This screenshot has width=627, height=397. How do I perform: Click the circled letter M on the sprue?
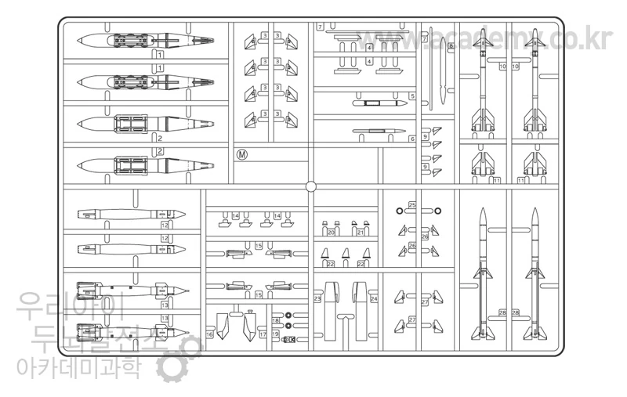[x=242, y=154]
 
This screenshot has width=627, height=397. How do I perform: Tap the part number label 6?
[x=412, y=139]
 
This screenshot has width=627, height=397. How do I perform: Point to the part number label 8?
[x=451, y=47]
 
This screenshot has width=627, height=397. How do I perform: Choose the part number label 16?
[x=209, y=334]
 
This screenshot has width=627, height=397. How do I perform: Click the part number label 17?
[x=263, y=334]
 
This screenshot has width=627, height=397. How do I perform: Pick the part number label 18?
[x=276, y=321]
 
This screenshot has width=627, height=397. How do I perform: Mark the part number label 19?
[x=276, y=334]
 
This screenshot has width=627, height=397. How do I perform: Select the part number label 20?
[x=331, y=233]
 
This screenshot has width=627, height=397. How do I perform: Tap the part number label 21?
[x=361, y=233]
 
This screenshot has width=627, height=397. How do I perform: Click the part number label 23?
[x=317, y=298]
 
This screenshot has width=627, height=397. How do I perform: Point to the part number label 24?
[x=374, y=298]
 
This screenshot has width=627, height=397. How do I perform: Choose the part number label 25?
[x=412, y=205]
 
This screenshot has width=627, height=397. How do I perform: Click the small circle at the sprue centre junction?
[x=310, y=186]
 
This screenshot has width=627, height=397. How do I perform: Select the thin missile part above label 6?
[x=379, y=132]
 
